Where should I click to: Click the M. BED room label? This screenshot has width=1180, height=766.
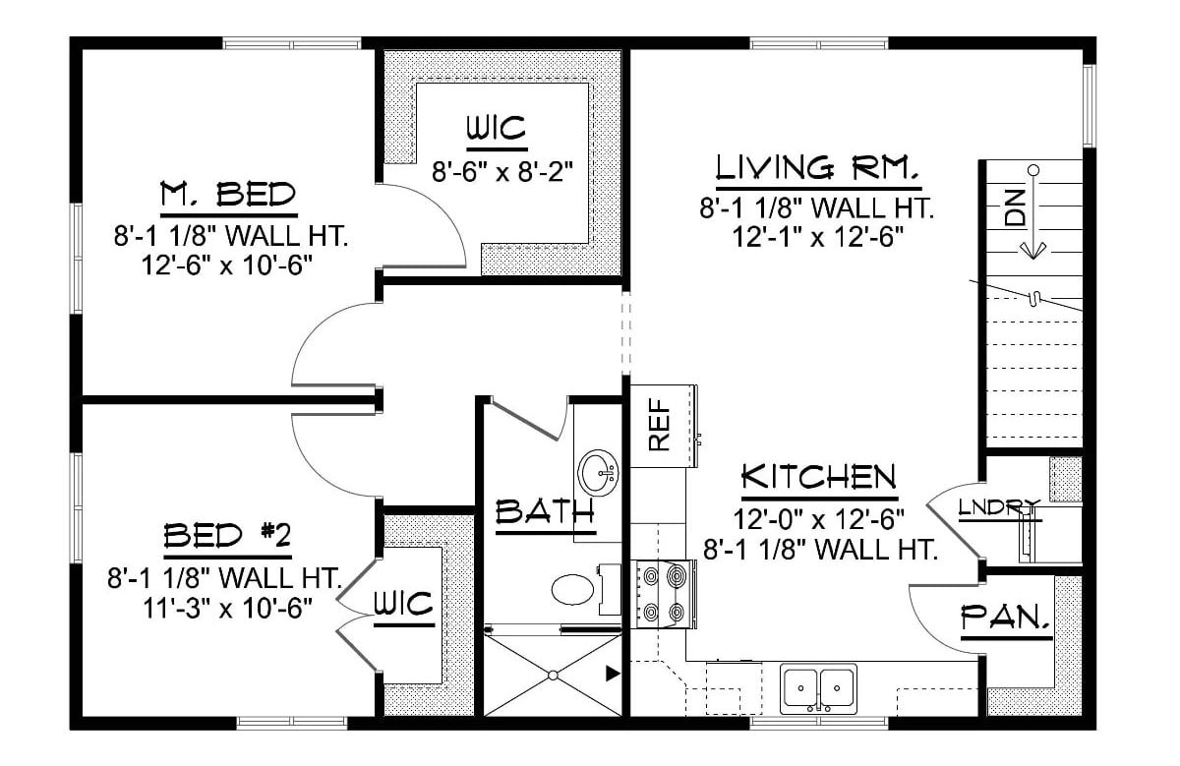pyautogui.click(x=228, y=195)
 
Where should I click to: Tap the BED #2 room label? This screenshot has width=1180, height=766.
pyautogui.click(x=226, y=536)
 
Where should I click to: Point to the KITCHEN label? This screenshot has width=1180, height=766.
pyautogui.click(x=818, y=478)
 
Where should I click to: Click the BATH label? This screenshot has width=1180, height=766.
pyautogui.click(x=544, y=511)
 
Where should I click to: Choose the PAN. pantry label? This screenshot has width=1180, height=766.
pyautogui.click(x=1004, y=619)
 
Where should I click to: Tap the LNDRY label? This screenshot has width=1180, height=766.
pyautogui.click(x=998, y=507)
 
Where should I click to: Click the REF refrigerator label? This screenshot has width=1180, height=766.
pyautogui.click(x=659, y=423)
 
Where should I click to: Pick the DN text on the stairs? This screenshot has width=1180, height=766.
pyautogui.click(x=1016, y=206)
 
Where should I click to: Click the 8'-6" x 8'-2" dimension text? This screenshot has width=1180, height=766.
pyautogui.click(x=502, y=172)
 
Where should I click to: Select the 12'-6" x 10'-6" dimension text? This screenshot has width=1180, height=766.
pyautogui.click(x=227, y=265)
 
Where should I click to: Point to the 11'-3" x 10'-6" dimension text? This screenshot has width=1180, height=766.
pyautogui.click(x=225, y=609)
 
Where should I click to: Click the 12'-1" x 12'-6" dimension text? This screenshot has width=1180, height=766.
pyautogui.click(x=817, y=236)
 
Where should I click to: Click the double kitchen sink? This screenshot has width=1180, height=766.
pyautogui.click(x=818, y=685)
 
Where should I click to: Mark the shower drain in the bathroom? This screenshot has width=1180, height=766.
pyautogui.click(x=554, y=676)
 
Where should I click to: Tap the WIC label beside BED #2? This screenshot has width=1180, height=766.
pyautogui.click(x=404, y=603)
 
